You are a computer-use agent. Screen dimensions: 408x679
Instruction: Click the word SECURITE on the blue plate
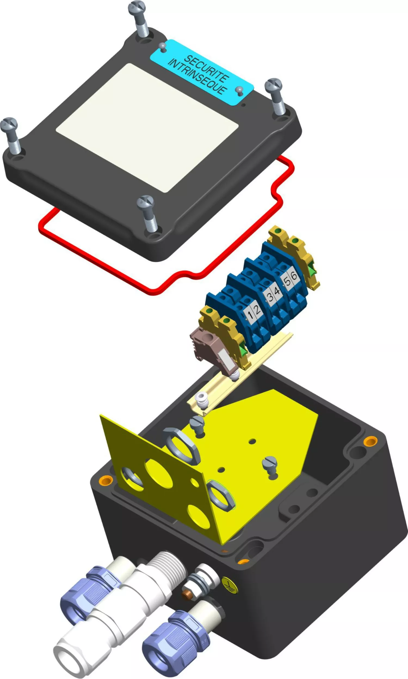[206, 68]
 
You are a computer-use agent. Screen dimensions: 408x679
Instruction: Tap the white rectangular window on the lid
[147, 128]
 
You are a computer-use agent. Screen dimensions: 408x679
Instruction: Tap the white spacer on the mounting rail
[201, 399]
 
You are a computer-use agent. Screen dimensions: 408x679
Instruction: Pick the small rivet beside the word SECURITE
[163, 47]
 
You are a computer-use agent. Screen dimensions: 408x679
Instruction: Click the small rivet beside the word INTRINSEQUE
[239, 91]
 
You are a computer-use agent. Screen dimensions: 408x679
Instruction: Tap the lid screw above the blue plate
[138, 18]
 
